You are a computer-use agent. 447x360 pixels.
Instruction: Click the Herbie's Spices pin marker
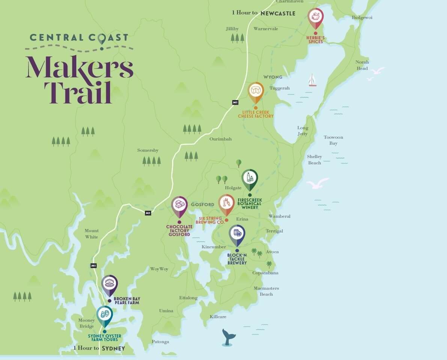tap(315, 17)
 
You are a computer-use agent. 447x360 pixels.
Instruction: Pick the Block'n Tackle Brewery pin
tap(237, 234)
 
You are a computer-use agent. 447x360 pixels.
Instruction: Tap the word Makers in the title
tap(79, 67)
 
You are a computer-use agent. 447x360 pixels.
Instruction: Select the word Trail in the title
tap(78, 92)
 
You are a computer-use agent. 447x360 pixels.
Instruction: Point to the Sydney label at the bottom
tap(113, 348)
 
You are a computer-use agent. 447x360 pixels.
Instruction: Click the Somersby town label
tap(147, 150)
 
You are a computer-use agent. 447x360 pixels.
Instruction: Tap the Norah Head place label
tap(362, 65)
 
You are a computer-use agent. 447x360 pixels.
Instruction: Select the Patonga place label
tap(160, 342)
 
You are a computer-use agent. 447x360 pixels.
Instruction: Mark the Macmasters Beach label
tap(266, 291)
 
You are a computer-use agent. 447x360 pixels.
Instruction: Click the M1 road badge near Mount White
tap(93, 265)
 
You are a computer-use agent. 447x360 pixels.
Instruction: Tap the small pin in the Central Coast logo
tap(101, 38)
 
